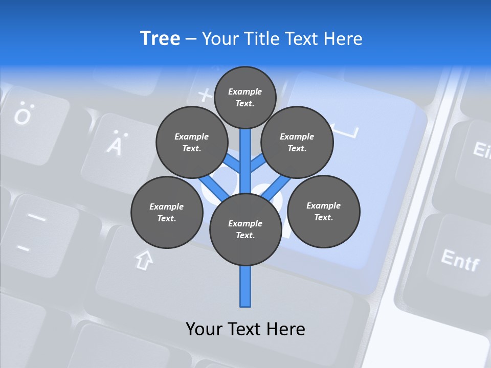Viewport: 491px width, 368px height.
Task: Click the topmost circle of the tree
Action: pyautogui.click(x=245, y=97)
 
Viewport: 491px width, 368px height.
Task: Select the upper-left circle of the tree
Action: pyautogui.click(x=192, y=142)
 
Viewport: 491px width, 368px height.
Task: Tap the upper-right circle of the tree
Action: pyautogui.click(x=297, y=142)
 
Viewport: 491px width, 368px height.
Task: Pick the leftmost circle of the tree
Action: pyautogui.click(x=167, y=212)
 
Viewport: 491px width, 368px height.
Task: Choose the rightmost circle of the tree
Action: pyautogui.click(x=323, y=211)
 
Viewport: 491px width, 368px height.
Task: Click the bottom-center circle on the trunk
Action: pyautogui.click(x=245, y=229)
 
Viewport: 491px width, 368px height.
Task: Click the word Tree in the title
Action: pyautogui.click(x=160, y=38)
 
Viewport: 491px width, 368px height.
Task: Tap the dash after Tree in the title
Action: pyautogui.click(x=191, y=39)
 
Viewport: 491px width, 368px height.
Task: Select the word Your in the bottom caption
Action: pyautogui.click(x=204, y=329)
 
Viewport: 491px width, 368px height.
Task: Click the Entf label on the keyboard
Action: pyautogui.click(x=460, y=260)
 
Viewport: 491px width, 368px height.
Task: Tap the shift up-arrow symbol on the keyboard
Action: pyautogui.click(x=144, y=260)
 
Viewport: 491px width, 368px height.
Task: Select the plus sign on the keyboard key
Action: pyautogui.click(x=205, y=95)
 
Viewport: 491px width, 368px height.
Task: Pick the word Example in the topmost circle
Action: pyautogui.click(x=245, y=91)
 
